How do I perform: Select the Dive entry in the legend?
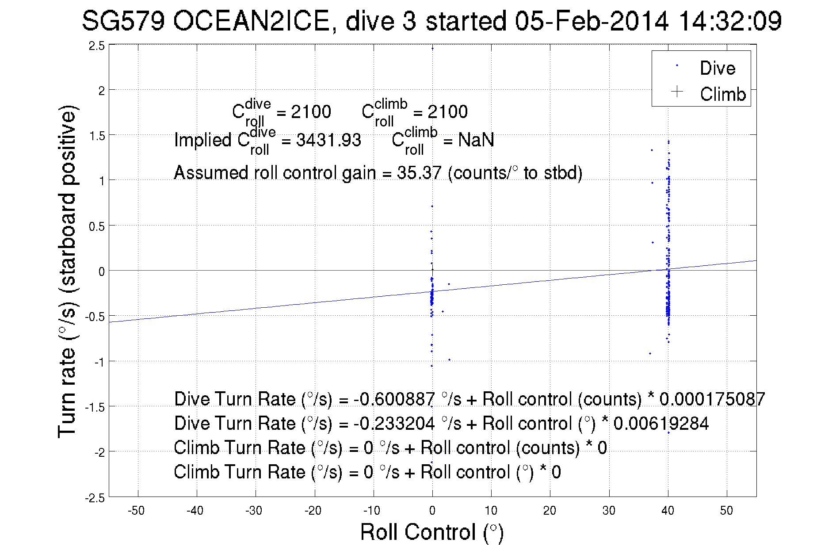click(x=717, y=68)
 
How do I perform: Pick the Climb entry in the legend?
click(x=722, y=94)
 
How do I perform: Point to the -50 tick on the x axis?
click(x=136, y=511)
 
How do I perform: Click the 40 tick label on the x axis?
click(x=668, y=511)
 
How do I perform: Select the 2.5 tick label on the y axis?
click(x=97, y=46)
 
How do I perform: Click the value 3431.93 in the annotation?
click(x=328, y=140)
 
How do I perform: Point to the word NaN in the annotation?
click(x=476, y=140)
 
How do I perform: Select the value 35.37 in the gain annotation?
click(x=419, y=173)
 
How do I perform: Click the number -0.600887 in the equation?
click(x=394, y=399)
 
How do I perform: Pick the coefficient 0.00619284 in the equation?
click(x=661, y=424)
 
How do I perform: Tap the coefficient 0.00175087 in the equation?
click(x=712, y=399)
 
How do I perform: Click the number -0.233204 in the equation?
click(x=394, y=424)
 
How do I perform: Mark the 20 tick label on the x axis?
click(x=550, y=511)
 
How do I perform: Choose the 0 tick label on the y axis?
click(x=101, y=271)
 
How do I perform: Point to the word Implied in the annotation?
click(x=202, y=140)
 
